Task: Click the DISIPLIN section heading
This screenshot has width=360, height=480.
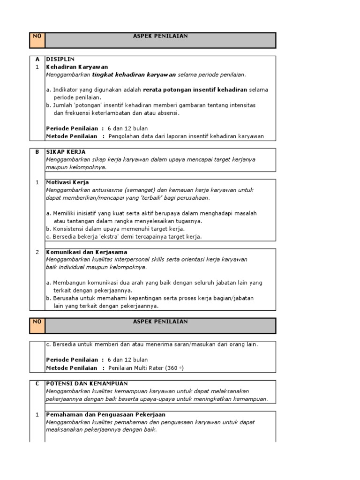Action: click(x=58, y=60)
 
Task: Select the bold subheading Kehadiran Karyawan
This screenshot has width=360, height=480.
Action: click(x=77, y=67)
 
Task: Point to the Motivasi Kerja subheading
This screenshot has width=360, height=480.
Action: click(x=67, y=182)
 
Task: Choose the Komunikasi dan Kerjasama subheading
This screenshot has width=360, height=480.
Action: click(x=87, y=252)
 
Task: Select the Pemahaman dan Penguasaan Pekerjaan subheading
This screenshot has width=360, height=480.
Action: click(x=105, y=415)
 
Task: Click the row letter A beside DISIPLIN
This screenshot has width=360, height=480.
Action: click(x=37, y=60)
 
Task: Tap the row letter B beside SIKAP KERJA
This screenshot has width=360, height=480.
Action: click(x=37, y=152)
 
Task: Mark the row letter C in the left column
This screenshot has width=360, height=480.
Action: click(x=37, y=383)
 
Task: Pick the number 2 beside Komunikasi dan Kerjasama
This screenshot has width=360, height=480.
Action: click(x=37, y=252)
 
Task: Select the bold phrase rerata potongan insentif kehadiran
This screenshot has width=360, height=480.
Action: click(x=195, y=90)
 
